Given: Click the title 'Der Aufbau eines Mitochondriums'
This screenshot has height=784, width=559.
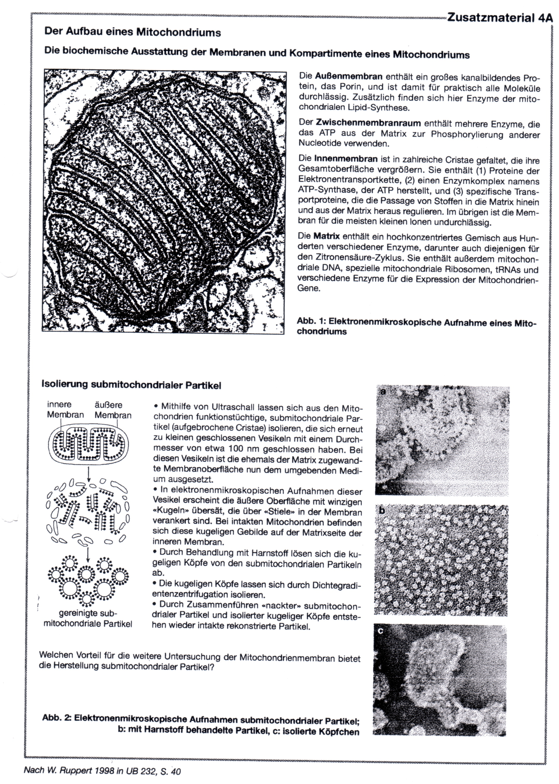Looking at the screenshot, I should [133, 32].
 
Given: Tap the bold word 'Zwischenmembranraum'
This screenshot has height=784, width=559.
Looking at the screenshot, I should [368, 123].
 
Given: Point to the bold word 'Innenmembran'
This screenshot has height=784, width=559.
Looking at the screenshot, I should [341, 159].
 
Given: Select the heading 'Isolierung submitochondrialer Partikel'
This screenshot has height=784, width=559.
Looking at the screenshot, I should [131, 385].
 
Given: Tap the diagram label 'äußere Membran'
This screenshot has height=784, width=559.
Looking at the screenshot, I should [113, 410].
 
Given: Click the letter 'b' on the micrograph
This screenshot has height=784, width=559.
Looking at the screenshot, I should [381, 511].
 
